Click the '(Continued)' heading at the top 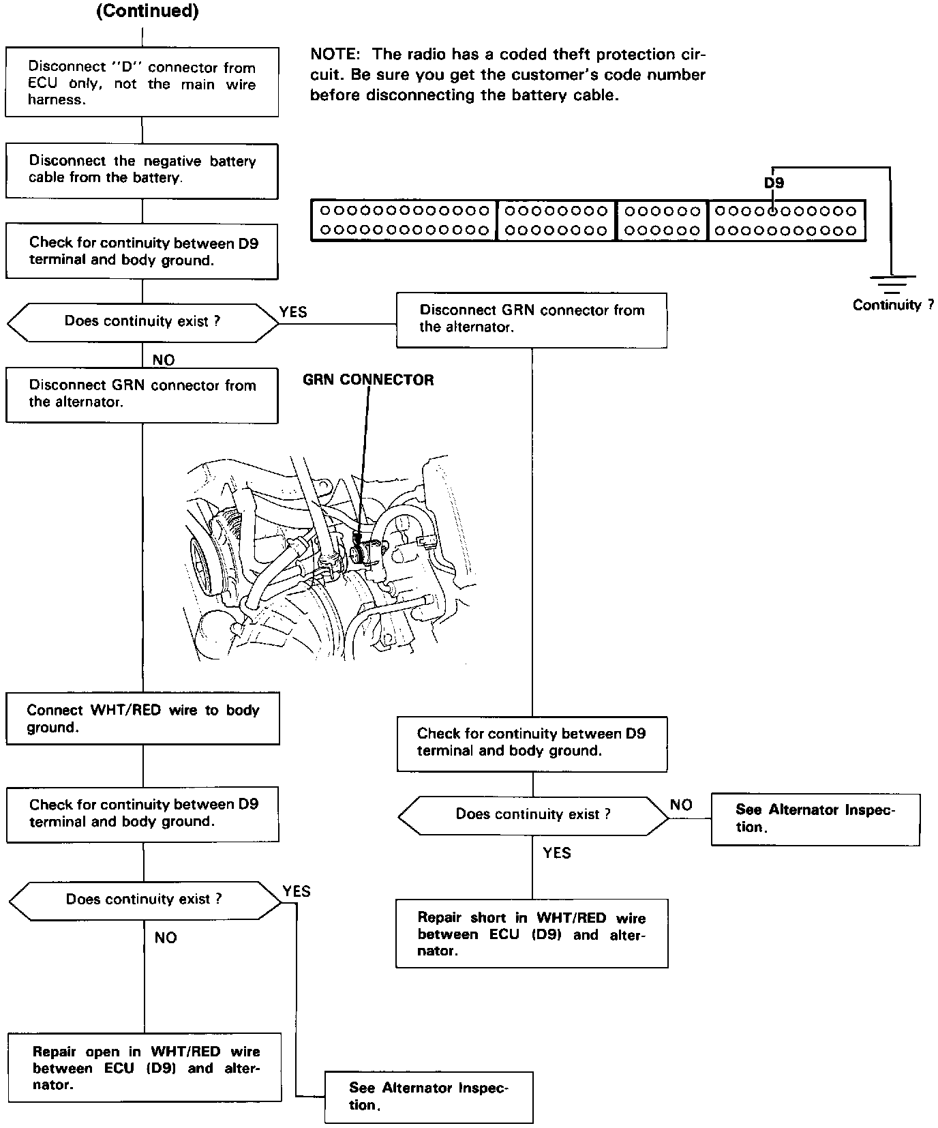tap(147, 12)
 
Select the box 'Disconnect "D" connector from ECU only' tap(142, 83)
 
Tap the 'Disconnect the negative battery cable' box tap(142, 170)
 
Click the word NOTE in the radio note tap(335, 55)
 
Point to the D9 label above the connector tap(774, 183)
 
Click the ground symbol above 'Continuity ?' tap(891, 283)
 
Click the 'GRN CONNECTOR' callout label tap(368, 380)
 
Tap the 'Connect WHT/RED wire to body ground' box tap(142, 719)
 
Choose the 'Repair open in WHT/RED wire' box tap(145, 1068)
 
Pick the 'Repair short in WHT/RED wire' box tap(532, 934)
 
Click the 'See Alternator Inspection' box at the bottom tap(429, 1097)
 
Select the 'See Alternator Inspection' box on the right tap(815, 818)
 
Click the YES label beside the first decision tap(293, 312)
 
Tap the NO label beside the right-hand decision tap(681, 805)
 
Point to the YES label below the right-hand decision tap(557, 852)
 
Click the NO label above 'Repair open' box tap(166, 938)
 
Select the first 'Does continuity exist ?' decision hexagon tap(142, 322)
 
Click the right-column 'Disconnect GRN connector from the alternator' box tap(532, 319)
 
